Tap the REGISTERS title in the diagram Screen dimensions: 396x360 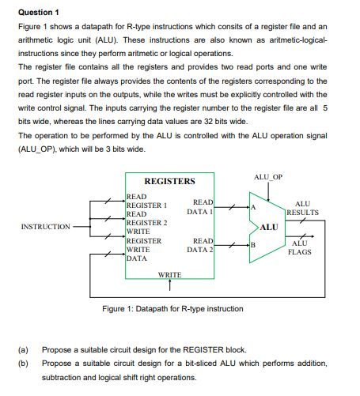[x=169, y=181]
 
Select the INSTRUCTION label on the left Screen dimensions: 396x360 [x=46, y=226]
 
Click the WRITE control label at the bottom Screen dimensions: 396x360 [x=169, y=274]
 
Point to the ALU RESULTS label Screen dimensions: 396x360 [x=302, y=208]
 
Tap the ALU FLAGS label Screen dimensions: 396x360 [x=300, y=247]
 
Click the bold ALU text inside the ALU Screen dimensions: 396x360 [x=269, y=227]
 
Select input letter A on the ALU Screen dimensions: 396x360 [x=253, y=207]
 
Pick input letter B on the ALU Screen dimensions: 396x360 [x=253, y=246]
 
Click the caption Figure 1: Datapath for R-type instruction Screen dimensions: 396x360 [x=173, y=308]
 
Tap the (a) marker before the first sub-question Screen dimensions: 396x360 [x=23, y=349]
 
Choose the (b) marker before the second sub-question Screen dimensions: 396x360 [x=23, y=362]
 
